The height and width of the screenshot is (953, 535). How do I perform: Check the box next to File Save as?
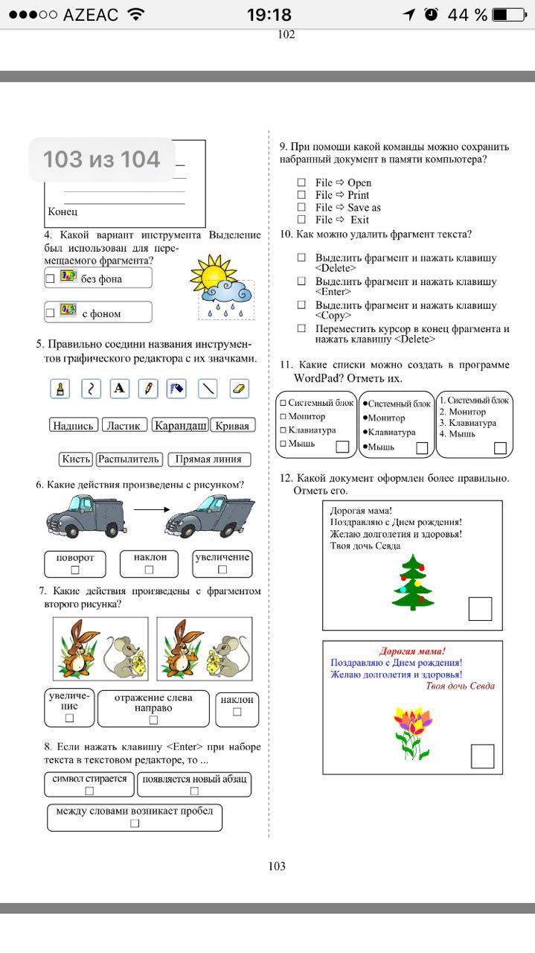click(301, 207)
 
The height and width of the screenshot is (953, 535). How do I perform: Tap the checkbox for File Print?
click(301, 195)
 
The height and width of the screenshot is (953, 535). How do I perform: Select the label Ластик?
click(123, 425)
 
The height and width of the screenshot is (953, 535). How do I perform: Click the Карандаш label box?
click(180, 425)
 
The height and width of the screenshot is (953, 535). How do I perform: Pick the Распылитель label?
click(129, 459)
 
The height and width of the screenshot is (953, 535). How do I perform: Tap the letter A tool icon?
click(119, 388)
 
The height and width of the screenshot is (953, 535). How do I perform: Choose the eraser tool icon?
click(238, 388)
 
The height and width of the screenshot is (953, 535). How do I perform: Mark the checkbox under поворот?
click(74, 570)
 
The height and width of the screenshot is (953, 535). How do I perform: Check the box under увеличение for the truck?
click(222, 570)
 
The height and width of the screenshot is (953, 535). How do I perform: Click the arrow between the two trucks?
click(148, 510)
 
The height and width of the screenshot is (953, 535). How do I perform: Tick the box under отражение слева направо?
click(153, 719)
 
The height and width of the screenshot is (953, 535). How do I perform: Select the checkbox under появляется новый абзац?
click(194, 791)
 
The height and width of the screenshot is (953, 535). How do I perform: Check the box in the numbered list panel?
click(500, 447)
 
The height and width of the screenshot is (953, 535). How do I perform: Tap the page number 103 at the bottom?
click(277, 866)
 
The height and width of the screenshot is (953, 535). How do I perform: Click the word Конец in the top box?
click(63, 212)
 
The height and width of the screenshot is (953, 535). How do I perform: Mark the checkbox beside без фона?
click(51, 278)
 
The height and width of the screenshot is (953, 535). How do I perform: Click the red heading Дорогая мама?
click(412, 651)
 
